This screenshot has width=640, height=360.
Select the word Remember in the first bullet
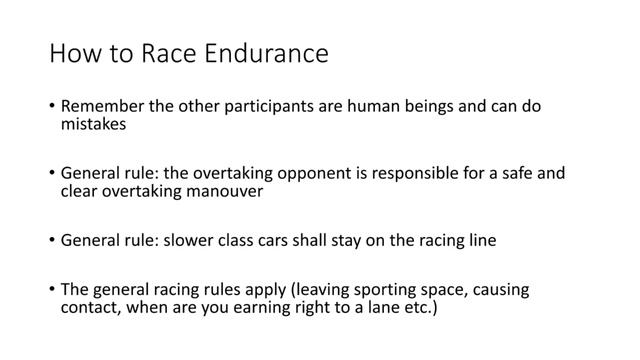pyautogui.click(x=101, y=106)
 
